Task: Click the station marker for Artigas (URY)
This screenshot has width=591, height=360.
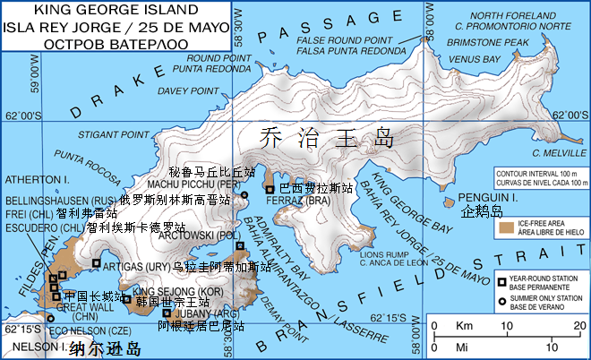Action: [96, 262]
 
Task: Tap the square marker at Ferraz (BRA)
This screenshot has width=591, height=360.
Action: [270, 188]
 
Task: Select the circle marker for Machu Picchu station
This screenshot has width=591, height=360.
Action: [244, 193]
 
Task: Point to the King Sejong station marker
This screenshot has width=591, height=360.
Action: [126, 299]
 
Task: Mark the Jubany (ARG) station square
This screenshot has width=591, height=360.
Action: [167, 313]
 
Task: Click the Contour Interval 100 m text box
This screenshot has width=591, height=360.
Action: [539, 177]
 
